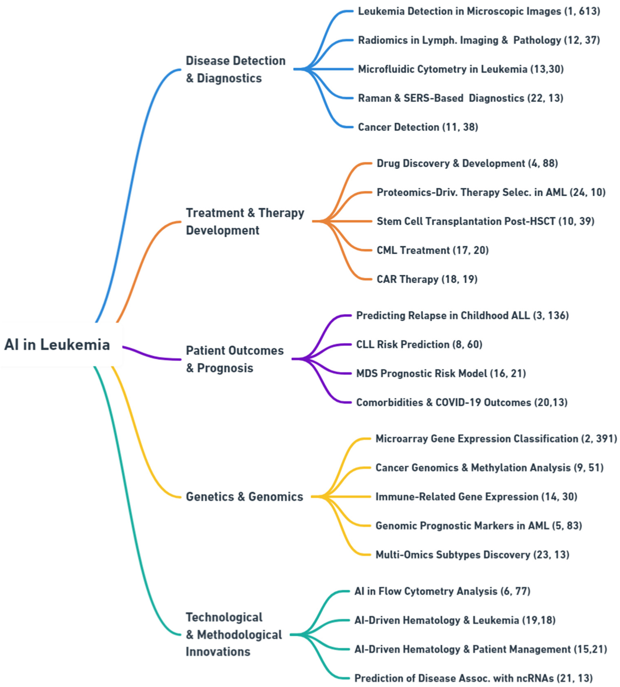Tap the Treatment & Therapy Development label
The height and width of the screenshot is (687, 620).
click(x=245, y=222)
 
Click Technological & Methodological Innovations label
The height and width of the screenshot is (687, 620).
click(x=234, y=635)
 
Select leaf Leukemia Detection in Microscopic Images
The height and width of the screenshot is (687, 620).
click(x=479, y=11)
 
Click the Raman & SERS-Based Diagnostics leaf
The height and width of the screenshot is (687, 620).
click(x=460, y=98)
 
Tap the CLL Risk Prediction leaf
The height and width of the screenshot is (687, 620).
click(x=419, y=345)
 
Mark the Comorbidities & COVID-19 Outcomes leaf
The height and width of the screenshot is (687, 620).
click(x=462, y=402)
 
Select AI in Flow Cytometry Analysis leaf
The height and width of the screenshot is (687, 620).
click(x=442, y=591)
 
